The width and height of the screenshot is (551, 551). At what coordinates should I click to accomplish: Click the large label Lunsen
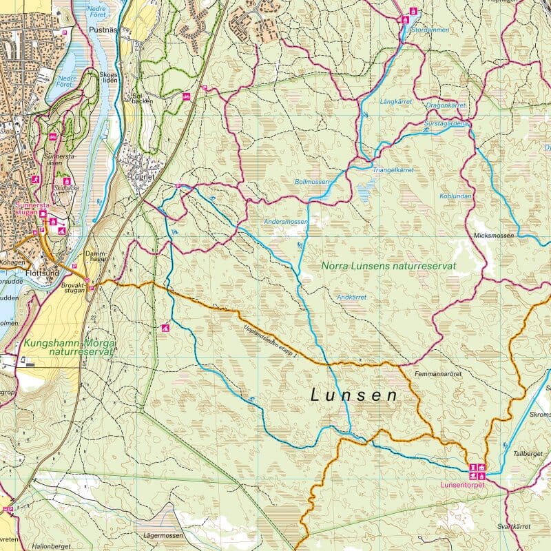click(x=354, y=395)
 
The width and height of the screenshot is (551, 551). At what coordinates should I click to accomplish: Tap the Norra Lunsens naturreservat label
click(x=389, y=265)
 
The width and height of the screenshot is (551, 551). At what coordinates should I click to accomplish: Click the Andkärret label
click(x=351, y=297)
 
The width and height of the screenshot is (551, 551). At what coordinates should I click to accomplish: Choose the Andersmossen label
click(x=286, y=222)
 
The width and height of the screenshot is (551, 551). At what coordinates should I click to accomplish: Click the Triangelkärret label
click(x=393, y=169)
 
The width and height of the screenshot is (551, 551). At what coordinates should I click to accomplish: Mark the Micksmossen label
click(x=494, y=236)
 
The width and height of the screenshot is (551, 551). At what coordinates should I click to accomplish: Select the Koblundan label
click(x=454, y=196)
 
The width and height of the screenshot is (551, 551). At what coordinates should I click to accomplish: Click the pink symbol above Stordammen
click(x=413, y=11)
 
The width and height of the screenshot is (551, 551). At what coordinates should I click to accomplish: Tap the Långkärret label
click(x=395, y=102)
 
